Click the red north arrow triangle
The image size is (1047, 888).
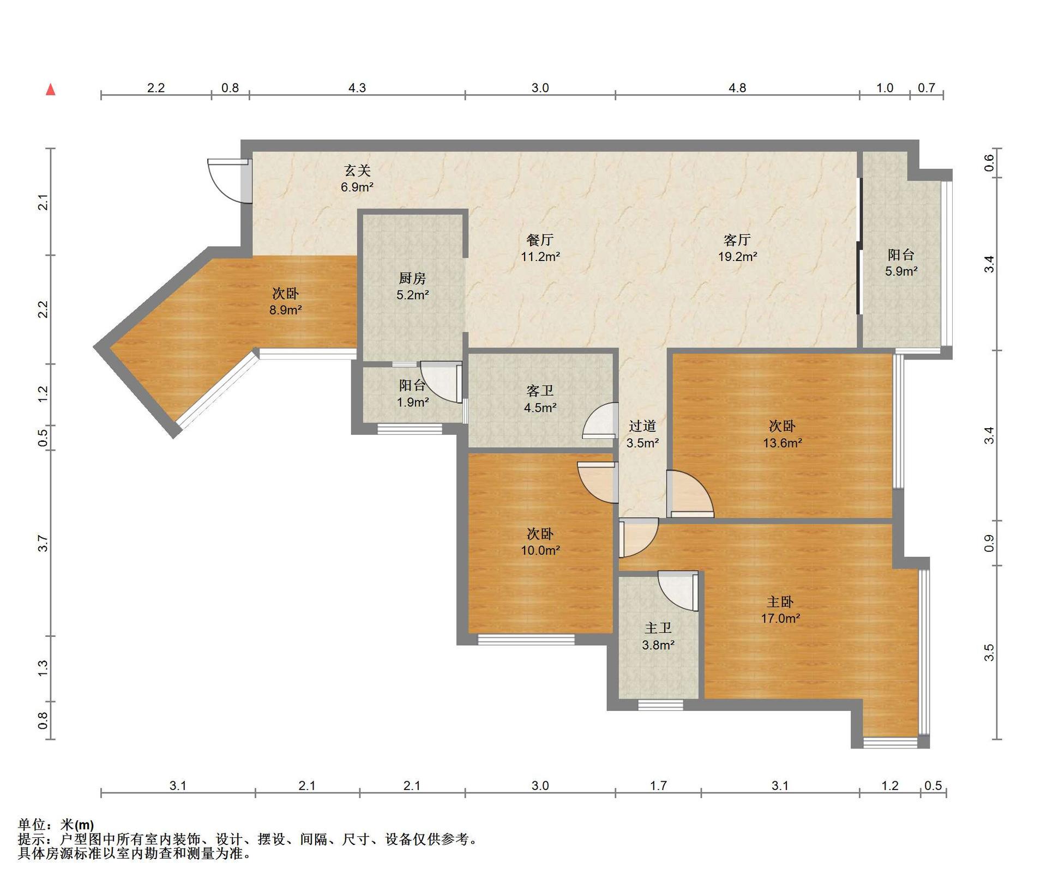click(51, 89)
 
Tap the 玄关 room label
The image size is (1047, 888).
click(357, 171)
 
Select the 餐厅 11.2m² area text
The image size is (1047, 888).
click(540, 248)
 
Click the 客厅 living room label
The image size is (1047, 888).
click(737, 240)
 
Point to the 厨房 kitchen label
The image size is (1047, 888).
click(412, 278)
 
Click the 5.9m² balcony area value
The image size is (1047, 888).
click(901, 271)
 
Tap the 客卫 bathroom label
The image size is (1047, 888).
click(540, 391)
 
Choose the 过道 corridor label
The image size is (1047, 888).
click(642, 426)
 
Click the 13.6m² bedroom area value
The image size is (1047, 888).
click(782, 443)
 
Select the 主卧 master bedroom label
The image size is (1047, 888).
click(780, 601)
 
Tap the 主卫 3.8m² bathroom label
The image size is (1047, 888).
click(658, 636)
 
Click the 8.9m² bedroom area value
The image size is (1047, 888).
click(285, 310)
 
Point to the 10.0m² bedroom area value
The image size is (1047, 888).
click(540, 550)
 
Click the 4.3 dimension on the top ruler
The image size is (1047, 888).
click(357, 88)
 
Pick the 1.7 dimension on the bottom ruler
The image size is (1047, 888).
click(658, 786)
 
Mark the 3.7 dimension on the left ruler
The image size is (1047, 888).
click(43, 543)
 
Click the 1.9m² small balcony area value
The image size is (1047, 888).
click(412, 402)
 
